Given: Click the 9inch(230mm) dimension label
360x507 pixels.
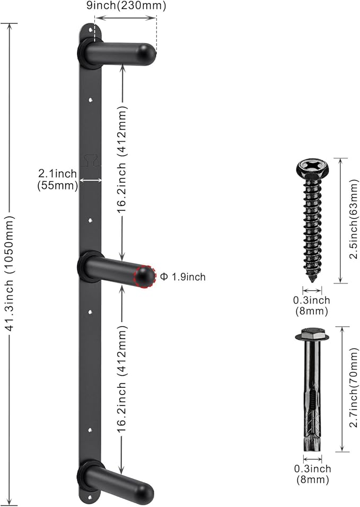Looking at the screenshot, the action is click(x=126, y=6).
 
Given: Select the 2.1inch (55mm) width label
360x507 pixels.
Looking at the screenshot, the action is click(x=58, y=180).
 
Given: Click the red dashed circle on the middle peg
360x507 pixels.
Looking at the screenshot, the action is click(x=145, y=277).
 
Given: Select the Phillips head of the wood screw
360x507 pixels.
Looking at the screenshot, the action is click(x=312, y=167).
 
